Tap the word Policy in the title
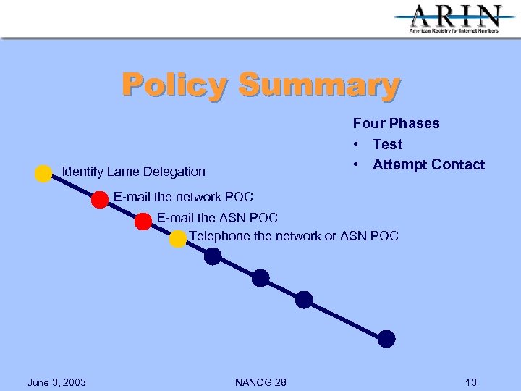[x=174, y=85]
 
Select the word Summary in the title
[x=318, y=85]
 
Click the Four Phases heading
[x=396, y=123]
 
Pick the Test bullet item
[x=387, y=144]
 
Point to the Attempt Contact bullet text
[x=428, y=164]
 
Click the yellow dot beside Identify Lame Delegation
[x=43, y=173]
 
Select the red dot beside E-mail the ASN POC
[x=143, y=222]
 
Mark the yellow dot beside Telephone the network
[x=178, y=239]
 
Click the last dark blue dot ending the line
[x=387, y=338]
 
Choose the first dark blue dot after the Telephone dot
[x=213, y=256]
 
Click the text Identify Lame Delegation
[x=134, y=172]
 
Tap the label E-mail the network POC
[x=183, y=197]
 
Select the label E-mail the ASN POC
[x=217, y=217]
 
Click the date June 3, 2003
[x=56, y=382]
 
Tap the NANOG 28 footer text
[x=260, y=382]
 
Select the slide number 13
[x=471, y=382]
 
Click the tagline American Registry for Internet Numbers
[x=454, y=31]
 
